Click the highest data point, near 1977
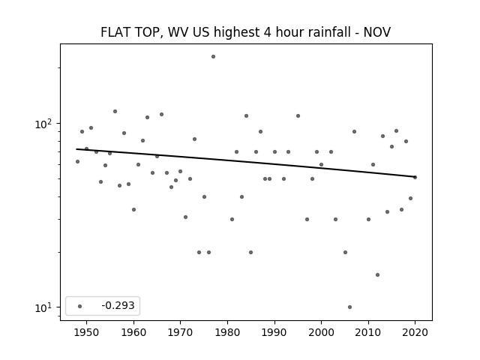click(x=213, y=57)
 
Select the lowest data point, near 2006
click(x=350, y=307)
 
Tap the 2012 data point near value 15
click(x=377, y=275)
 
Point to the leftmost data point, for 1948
click(x=77, y=162)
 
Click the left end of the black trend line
click(x=76, y=149)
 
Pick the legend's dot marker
click(x=80, y=306)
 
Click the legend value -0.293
click(x=118, y=306)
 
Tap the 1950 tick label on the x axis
click(x=87, y=332)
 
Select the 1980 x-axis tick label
click(x=227, y=332)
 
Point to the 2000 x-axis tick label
click(x=322, y=332)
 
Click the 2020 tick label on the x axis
click(x=415, y=332)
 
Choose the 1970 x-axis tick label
click(x=181, y=332)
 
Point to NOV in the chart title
click(x=376, y=32)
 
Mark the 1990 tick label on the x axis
click(x=274, y=332)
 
